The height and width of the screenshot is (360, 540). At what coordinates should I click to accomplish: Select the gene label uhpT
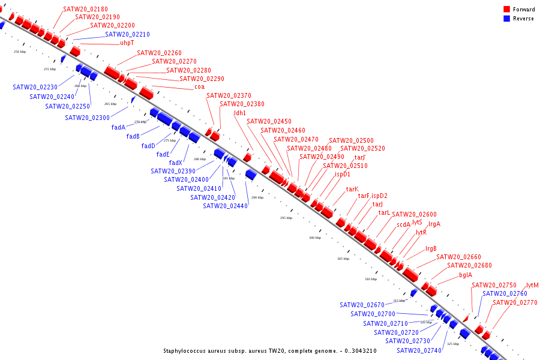click(127, 43)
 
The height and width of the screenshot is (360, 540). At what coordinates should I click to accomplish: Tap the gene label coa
click(199, 87)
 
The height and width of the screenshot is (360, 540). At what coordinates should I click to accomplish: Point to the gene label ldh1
click(240, 113)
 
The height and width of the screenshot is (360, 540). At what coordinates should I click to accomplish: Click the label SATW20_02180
click(85, 10)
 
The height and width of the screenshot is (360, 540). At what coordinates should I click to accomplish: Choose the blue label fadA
click(118, 127)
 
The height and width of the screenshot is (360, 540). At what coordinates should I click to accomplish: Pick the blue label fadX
click(175, 163)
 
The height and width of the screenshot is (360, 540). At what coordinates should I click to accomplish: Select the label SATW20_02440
click(225, 206)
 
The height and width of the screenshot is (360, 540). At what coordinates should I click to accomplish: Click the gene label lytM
click(532, 286)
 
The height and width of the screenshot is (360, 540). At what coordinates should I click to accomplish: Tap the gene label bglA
click(466, 275)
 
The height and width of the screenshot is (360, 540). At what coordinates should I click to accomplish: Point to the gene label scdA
click(403, 225)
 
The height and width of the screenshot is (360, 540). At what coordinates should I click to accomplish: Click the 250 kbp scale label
click(20, 52)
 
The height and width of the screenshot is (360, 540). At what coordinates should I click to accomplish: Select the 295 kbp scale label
click(286, 218)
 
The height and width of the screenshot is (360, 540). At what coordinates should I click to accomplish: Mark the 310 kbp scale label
click(371, 279)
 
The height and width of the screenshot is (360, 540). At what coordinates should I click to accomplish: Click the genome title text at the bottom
click(270, 351)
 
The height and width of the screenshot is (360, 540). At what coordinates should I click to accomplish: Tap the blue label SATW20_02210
click(127, 35)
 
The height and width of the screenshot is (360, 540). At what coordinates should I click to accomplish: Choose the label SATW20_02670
click(362, 305)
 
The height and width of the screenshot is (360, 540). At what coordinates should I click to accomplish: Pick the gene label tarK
click(352, 190)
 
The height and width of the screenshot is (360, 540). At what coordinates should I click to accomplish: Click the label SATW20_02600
click(414, 215)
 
